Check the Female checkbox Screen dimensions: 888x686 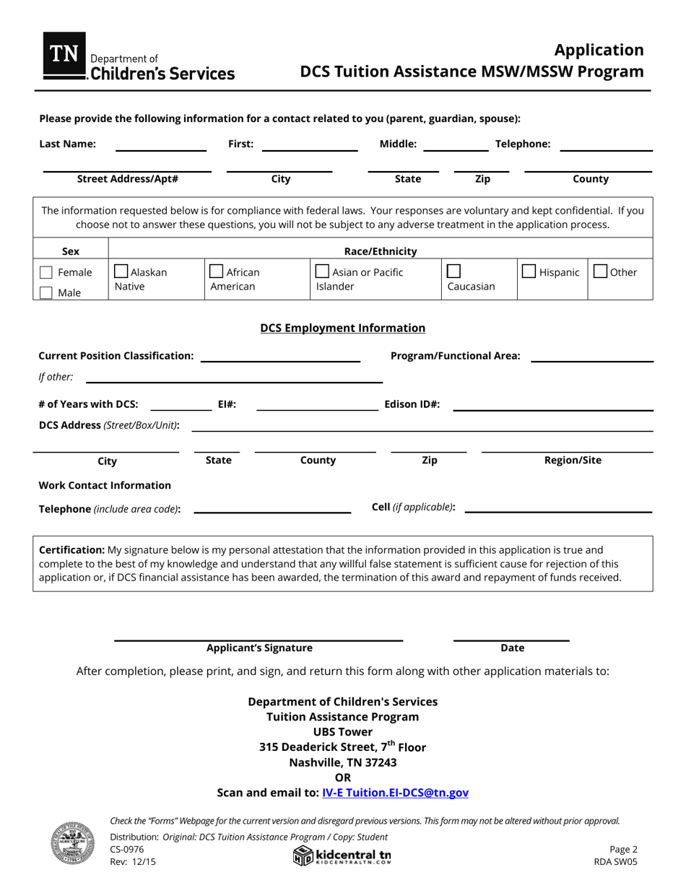tap(45, 273)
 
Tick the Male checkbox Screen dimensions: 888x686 tap(45, 293)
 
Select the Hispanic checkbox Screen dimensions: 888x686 tap(529, 272)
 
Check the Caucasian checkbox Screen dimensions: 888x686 tap(453, 271)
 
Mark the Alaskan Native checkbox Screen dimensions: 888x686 tap(121, 272)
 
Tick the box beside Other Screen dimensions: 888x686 tap(600, 272)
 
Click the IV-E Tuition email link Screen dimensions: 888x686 tap(395, 793)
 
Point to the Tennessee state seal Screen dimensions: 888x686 tap(72, 843)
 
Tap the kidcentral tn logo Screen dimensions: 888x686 tap(342, 856)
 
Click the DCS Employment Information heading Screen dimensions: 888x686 tap(342, 328)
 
